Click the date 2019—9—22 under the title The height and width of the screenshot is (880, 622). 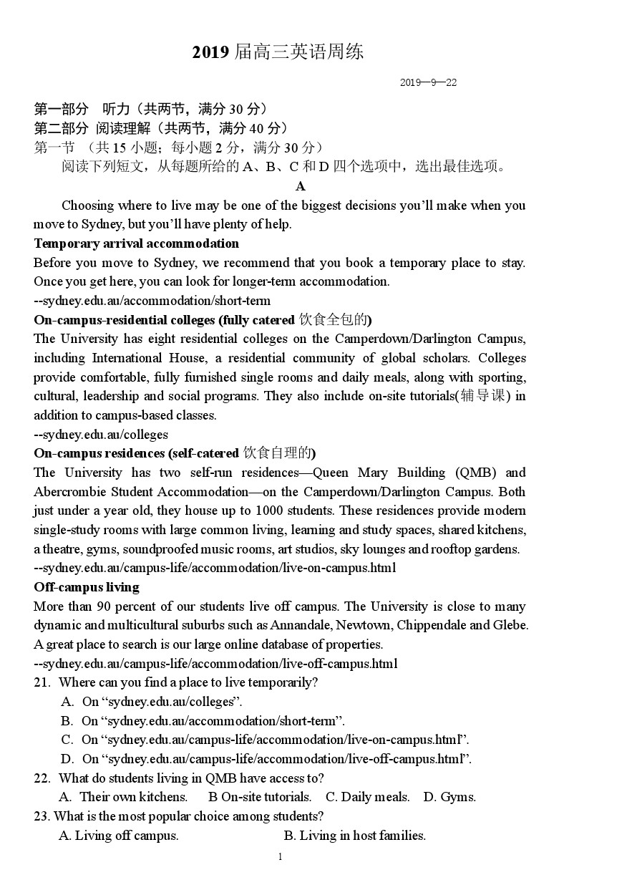click(428, 82)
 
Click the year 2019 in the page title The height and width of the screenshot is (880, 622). click(210, 52)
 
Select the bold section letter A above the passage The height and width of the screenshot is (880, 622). click(301, 186)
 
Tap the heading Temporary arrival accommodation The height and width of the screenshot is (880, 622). click(136, 243)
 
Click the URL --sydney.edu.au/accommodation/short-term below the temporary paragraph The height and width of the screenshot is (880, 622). click(152, 301)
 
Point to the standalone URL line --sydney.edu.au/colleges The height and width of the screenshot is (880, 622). click(101, 435)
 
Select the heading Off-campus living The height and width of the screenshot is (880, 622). click(87, 587)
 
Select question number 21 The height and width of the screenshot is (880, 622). click(42, 682)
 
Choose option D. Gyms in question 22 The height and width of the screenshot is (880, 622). click(450, 797)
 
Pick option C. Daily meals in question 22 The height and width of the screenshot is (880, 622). click(368, 797)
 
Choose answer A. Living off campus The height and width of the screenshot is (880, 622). click(119, 835)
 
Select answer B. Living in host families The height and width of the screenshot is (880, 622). click(354, 835)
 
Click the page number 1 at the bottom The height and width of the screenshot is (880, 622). click(281, 857)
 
